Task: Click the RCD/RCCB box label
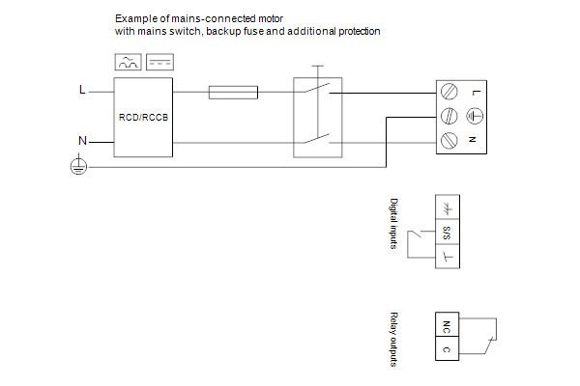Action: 143,118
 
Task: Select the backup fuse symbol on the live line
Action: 233,93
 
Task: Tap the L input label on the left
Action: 82,90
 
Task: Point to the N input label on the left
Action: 82,141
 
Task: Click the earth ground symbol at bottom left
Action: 78,165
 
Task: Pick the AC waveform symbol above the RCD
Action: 128,62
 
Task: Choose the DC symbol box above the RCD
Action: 159,62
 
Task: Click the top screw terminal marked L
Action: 449,92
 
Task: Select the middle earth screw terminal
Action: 449,117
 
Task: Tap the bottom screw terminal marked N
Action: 449,141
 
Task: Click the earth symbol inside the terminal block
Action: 475,117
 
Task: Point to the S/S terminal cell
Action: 448,232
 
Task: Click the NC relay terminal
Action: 448,324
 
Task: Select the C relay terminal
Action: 448,348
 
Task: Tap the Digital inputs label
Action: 394,224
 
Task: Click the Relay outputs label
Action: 394,340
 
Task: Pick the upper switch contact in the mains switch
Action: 317,88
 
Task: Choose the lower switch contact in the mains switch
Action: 317,139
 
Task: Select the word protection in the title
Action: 360,32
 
